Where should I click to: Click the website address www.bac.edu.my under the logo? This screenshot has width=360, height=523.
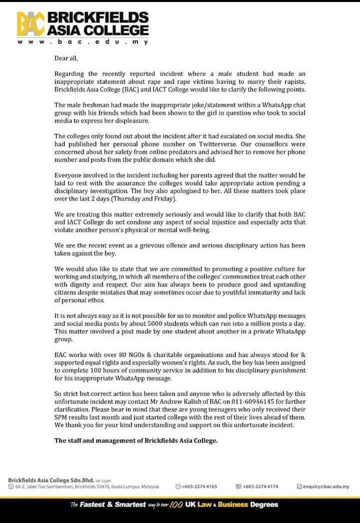[82, 42]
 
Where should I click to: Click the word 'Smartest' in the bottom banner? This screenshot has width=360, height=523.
[130, 504]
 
